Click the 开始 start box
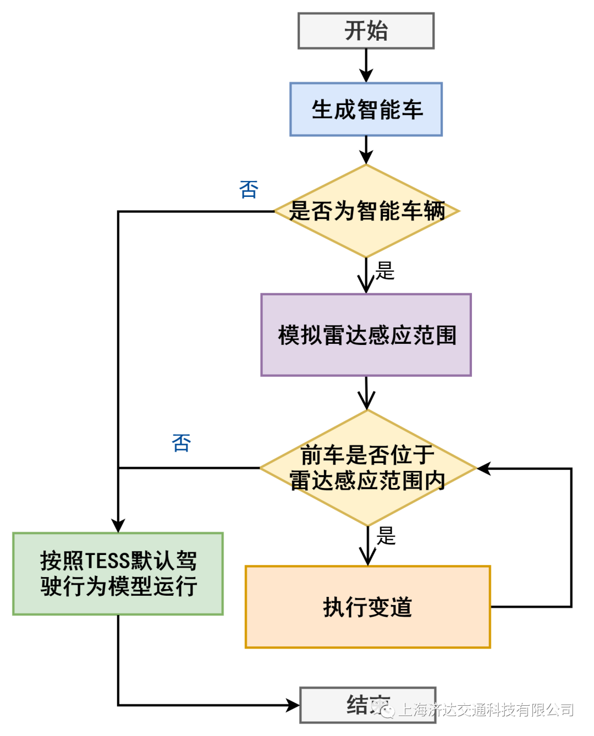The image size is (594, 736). pos(366,31)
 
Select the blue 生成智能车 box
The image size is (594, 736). pos(366,109)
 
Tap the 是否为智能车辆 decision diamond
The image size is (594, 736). pos(366,211)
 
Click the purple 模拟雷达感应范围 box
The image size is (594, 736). pos(366,335)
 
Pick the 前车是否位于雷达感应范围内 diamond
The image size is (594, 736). pos(367,468)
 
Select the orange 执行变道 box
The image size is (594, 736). pos(367,607)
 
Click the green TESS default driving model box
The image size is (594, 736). pos(118,574)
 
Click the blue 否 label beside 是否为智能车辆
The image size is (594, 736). pos(249,190)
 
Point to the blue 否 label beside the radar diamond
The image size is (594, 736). pos(182,443)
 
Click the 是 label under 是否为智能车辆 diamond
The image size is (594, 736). pos(385,271)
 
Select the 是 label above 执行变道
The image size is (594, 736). pos(386,535)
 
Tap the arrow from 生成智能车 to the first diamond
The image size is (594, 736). pos(366,150)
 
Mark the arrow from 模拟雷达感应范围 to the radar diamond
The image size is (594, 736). pos(366,393)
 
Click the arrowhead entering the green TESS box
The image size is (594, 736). pos(118,525)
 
